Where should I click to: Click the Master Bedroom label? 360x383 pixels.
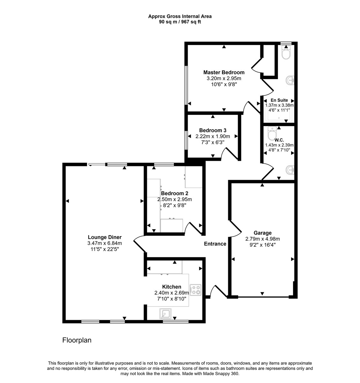click(x=224, y=72)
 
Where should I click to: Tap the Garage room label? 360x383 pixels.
click(x=262, y=233)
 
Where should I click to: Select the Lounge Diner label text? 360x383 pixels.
click(x=105, y=237)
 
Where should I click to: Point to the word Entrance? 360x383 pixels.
click(x=215, y=244)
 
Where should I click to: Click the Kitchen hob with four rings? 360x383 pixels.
click(x=196, y=290)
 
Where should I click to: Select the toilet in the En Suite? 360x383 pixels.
click(x=286, y=54)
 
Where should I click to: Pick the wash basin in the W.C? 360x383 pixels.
click(x=291, y=169)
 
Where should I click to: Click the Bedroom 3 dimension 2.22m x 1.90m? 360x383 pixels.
click(x=213, y=136)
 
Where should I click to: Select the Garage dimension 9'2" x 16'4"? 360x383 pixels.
click(x=262, y=245)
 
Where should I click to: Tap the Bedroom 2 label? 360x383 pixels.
click(x=175, y=193)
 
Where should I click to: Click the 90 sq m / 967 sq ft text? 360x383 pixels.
click(x=180, y=22)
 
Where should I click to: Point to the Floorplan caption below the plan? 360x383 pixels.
click(x=77, y=340)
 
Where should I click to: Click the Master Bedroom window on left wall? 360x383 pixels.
click(x=186, y=85)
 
